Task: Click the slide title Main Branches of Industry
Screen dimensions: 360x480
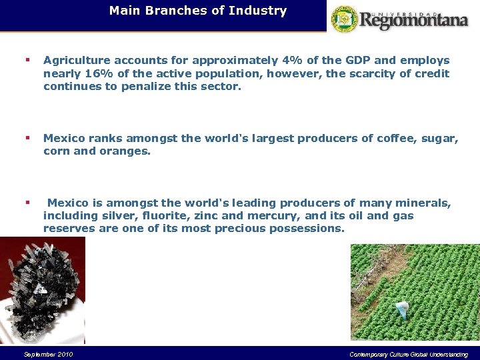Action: coord(198,11)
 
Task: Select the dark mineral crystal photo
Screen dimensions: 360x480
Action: coord(42,290)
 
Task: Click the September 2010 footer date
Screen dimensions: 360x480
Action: coord(48,354)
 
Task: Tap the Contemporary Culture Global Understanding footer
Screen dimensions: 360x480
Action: coord(409,354)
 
